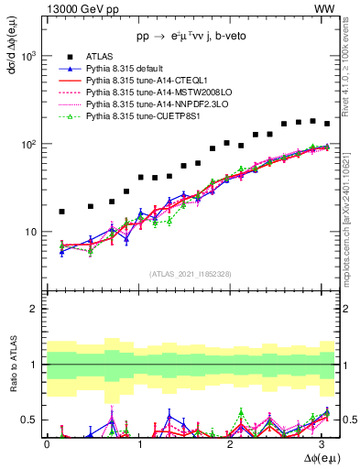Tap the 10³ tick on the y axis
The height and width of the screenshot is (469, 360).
(29, 56)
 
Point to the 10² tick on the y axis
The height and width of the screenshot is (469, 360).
(29, 144)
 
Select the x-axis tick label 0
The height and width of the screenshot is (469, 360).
(47, 443)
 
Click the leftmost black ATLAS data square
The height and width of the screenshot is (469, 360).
(61, 212)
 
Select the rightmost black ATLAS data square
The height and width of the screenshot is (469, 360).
(326, 124)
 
